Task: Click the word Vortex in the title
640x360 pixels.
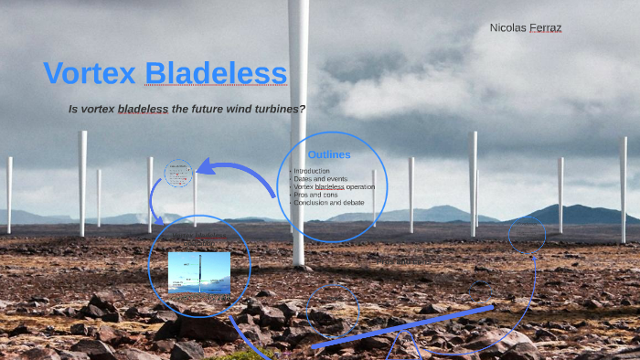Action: (x=90, y=73)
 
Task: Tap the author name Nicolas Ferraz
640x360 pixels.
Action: (x=526, y=28)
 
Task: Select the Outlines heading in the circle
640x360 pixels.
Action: (x=329, y=154)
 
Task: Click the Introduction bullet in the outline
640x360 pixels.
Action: (x=313, y=171)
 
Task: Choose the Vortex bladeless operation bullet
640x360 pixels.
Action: (x=335, y=186)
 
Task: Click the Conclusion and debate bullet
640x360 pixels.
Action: (x=329, y=202)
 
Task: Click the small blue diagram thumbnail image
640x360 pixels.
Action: (x=198, y=272)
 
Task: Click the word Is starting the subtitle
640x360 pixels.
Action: (x=73, y=109)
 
